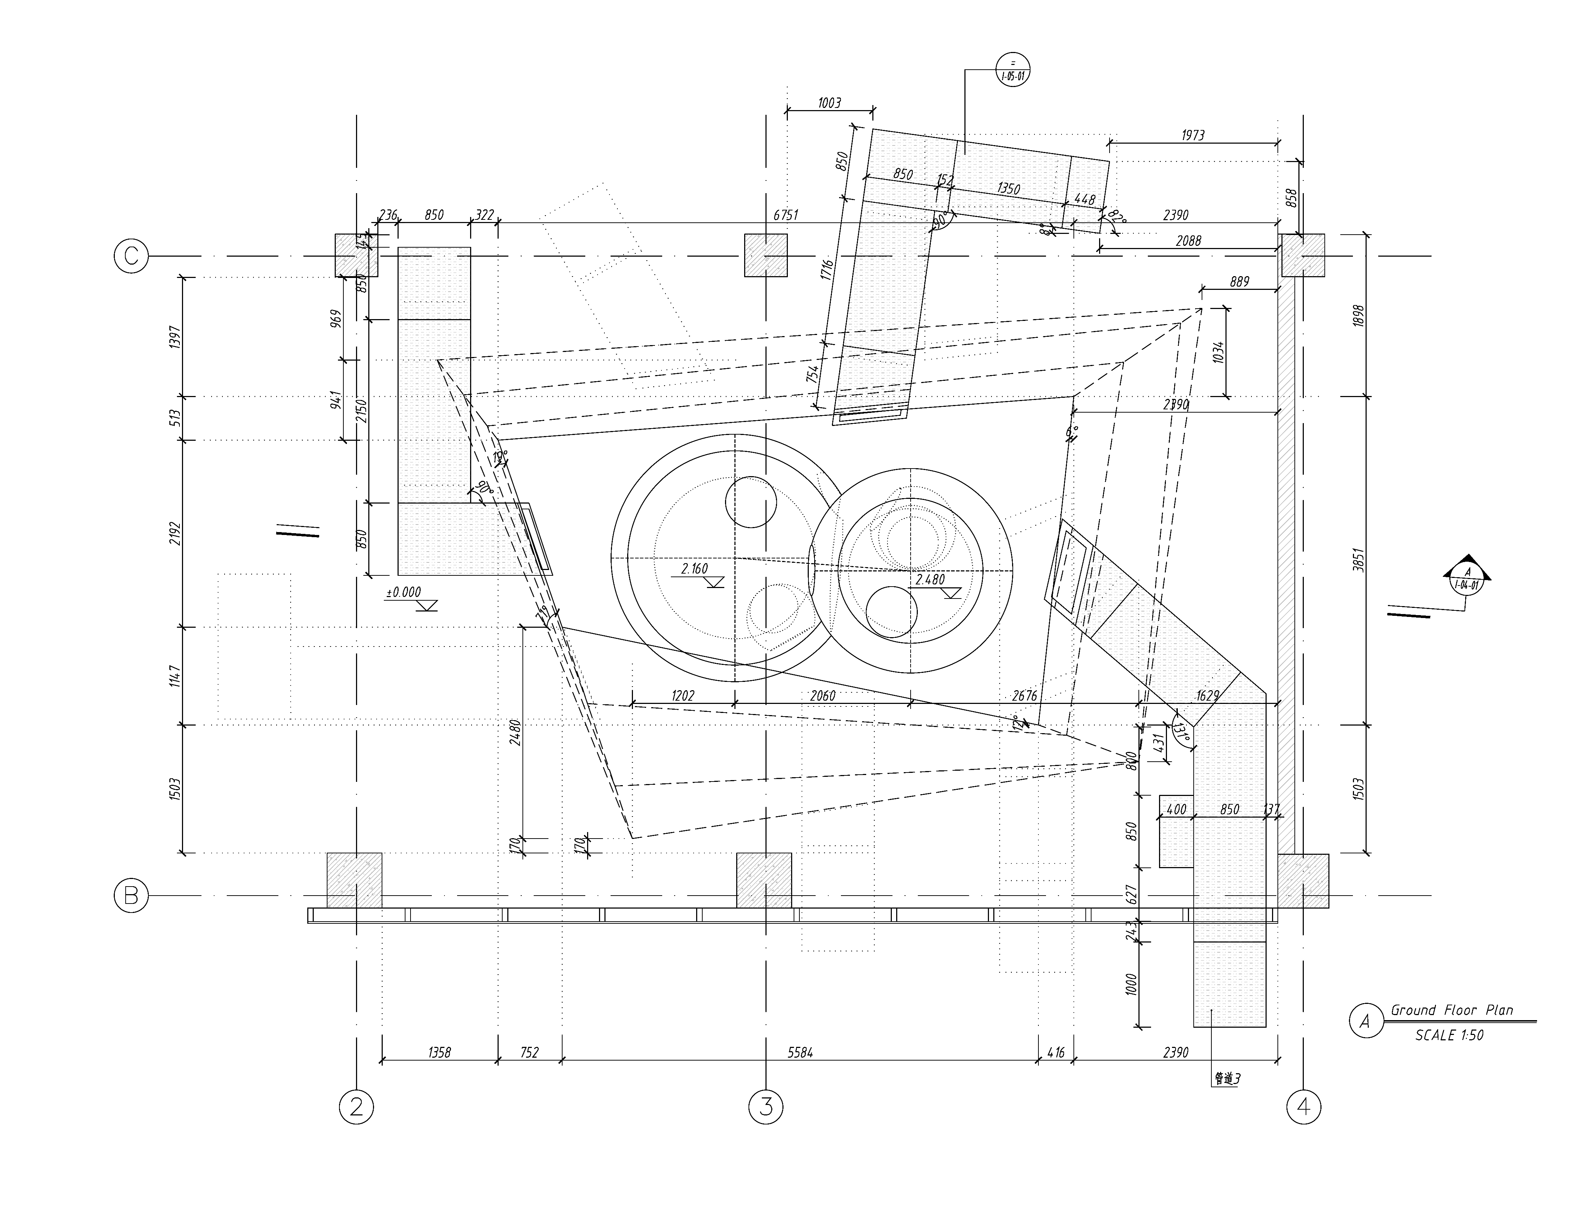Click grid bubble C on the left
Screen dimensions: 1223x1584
coord(131,256)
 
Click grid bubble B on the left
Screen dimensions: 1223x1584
coord(131,896)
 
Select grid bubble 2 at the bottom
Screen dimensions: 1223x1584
coord(356,1107)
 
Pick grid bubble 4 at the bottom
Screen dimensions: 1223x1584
coord(1303,1107)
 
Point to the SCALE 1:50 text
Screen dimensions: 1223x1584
coord(1449,1035)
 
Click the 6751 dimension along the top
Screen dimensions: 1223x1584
coord(785,215)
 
